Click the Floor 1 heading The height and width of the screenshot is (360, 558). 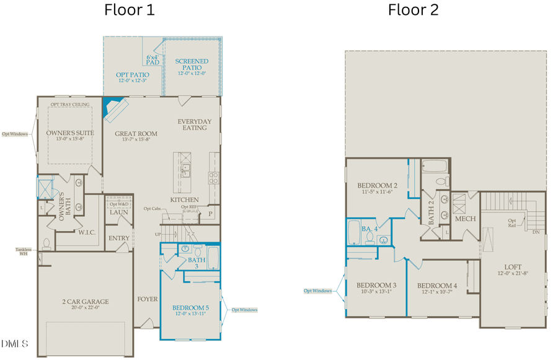130,10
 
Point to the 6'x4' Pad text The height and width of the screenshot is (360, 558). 153,60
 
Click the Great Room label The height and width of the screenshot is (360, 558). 136,133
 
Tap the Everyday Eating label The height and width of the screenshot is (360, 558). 194,125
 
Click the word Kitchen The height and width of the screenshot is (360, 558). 184,200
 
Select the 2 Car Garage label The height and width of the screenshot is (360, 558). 86,302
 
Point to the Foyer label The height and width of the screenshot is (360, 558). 148,299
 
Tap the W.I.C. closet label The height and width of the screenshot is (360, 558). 86,233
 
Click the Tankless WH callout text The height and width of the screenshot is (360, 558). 23,252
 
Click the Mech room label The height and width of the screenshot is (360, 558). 465,219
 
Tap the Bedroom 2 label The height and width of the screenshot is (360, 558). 377,185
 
